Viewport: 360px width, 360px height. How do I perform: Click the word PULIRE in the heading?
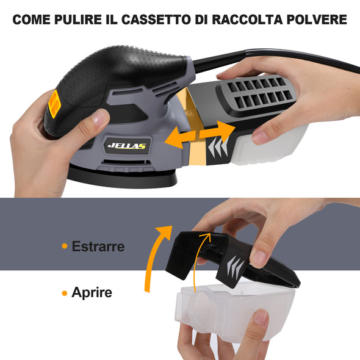tap(78, 20)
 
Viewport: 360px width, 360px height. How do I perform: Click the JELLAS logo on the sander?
tap(127, 146)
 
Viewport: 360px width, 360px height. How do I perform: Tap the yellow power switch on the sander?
tap(54, 104)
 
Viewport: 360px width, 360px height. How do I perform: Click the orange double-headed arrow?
tap(200, 135)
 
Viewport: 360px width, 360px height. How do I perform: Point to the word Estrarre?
tap(98, 247)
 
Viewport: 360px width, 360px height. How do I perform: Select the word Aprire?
tap(92, 292)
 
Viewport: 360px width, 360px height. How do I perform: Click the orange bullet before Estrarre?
tap(65, 246)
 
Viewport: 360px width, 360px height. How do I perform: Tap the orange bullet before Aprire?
tap(65, 293)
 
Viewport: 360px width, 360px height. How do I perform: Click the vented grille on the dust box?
tap(256, 93)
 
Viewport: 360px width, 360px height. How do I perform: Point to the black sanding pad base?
tap(122, 177)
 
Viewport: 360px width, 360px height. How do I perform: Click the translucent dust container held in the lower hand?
tap(234, 310)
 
